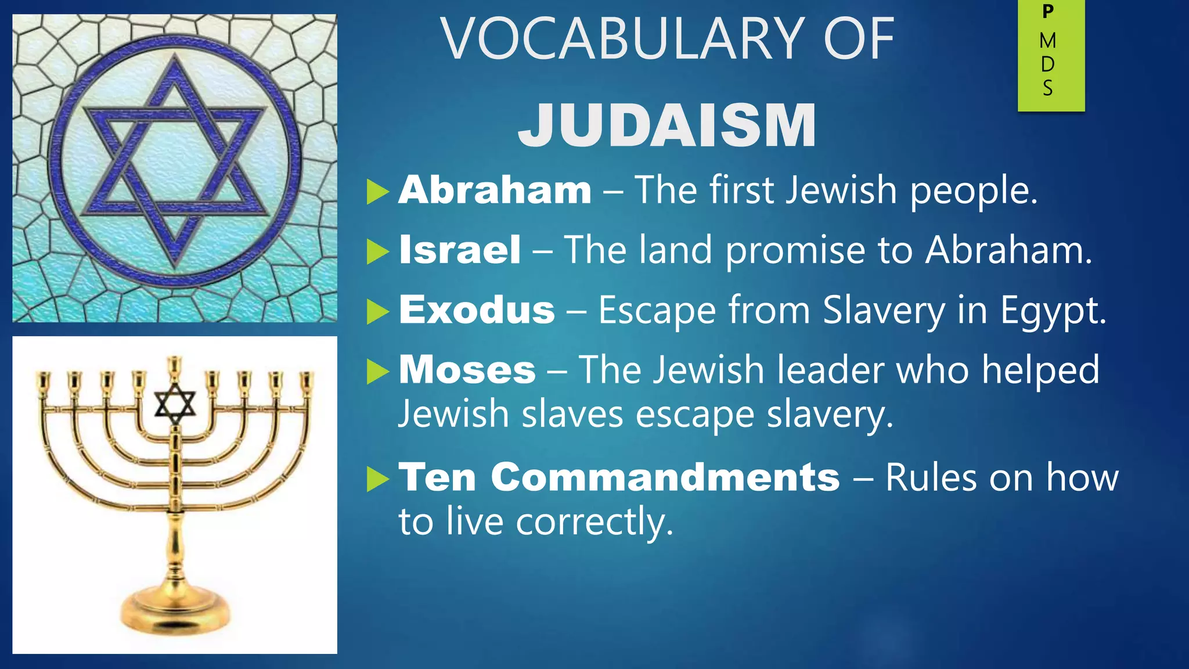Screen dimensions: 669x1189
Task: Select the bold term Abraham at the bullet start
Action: [x=495, y=190]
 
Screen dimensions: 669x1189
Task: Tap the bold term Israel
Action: [x=460, y=250]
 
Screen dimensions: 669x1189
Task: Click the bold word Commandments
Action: [x=665, y=477]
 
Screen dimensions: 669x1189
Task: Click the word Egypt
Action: [x=1053, y=311]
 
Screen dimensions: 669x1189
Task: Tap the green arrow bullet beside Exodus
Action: [x=377, y=312]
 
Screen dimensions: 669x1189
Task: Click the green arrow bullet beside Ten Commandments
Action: [x=377, y=479]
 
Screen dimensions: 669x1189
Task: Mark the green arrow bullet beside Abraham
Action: [x=377, y=192]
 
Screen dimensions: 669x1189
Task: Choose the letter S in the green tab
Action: [x=1048, y=88]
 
